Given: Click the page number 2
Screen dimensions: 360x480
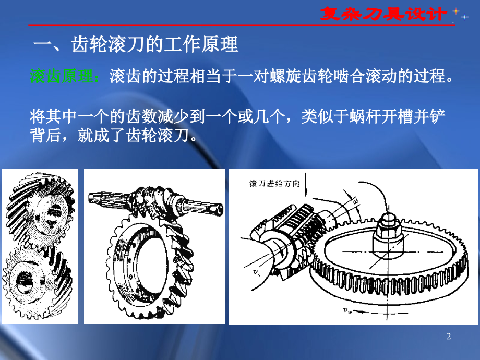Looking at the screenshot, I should point(448,337).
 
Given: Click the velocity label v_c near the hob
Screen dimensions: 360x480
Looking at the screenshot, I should point(251,272).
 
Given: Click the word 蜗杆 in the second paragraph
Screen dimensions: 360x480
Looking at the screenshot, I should point(364,116).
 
